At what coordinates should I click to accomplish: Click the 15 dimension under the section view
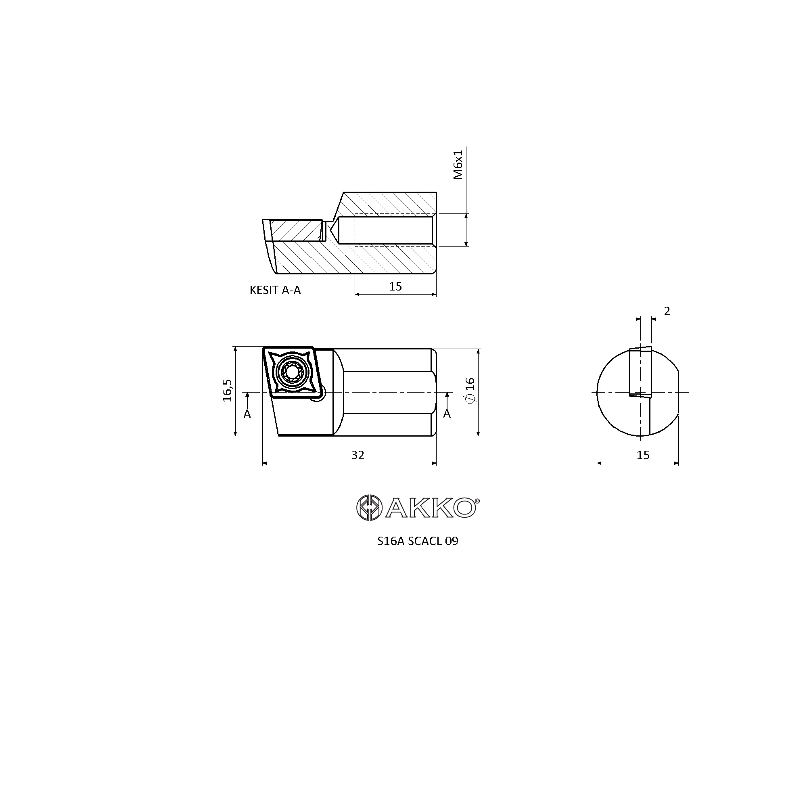pyautogui.click(x=395, y=286)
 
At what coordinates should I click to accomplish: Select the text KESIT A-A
pyautogui.click(x=275, y=290)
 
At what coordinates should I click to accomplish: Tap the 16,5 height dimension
pyautogui.click(x=228, y=390)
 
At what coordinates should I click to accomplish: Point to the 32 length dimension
pyautogui.click(x=358, y=455)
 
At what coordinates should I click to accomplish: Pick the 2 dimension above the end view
pyautogui.click(x=667, y=311)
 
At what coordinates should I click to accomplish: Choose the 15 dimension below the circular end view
pyautogui.click(x=643, y=455)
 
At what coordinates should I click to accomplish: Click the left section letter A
pyautogui.click(x=247, y=414)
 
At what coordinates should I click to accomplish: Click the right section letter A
pyautogui.click(x=447, y=414)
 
